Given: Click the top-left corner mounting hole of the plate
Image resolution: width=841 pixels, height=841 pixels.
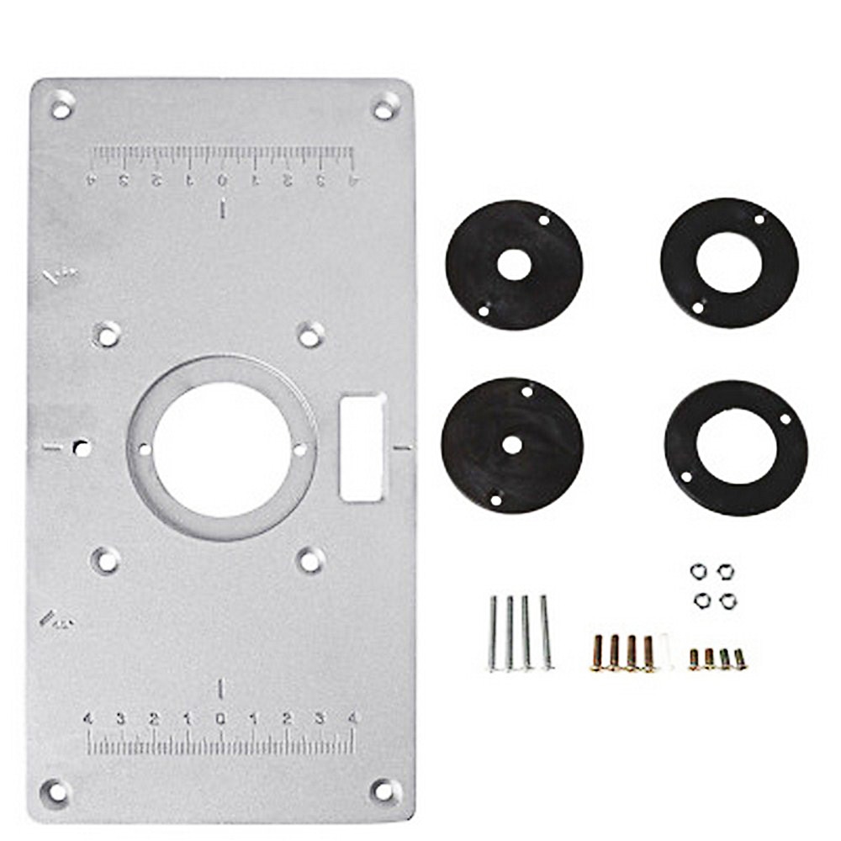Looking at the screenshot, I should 61,106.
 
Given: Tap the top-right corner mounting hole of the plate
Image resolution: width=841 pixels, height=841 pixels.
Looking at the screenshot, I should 383,108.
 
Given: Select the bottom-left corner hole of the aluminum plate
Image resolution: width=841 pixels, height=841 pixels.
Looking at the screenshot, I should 56,791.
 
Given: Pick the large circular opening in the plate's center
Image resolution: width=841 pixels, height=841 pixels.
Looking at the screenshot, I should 222,448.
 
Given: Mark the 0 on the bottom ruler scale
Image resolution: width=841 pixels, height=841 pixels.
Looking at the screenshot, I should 220,719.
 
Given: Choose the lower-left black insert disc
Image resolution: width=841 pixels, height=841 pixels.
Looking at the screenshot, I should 511,446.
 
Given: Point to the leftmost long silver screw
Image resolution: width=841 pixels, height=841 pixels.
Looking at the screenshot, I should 494,633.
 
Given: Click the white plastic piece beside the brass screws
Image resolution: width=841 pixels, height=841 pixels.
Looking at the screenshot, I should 666,652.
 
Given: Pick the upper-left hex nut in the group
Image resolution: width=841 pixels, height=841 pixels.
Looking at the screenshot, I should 697,572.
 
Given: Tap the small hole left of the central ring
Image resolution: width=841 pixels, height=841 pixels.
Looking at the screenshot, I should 81,447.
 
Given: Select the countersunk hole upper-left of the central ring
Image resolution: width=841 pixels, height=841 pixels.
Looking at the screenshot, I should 106,335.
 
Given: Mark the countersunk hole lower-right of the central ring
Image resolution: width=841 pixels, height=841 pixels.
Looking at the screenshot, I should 310,559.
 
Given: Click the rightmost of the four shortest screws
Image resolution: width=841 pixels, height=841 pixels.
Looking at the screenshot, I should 740,659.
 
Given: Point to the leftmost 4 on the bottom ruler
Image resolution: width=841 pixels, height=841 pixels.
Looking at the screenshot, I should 87,719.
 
